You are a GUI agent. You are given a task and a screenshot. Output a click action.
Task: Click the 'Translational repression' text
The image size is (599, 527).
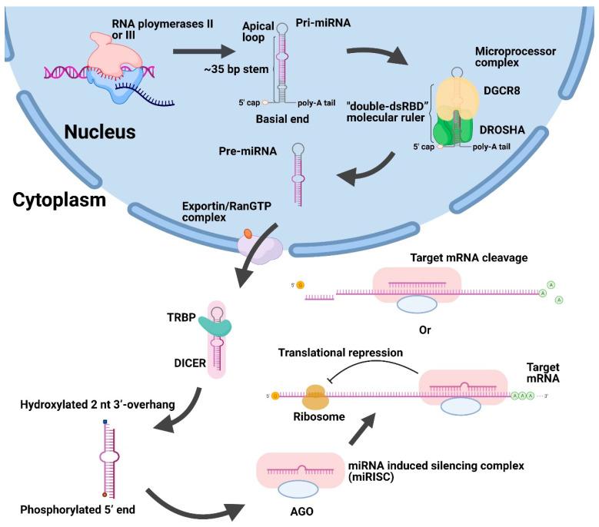pyautogui.click(x=341, y=352)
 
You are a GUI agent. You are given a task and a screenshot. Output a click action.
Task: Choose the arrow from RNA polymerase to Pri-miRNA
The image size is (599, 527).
pyautogui.click(x=204, y=51)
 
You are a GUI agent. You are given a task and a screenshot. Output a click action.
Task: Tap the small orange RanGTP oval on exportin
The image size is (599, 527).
pyautogui.click(x=248, y=231)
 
